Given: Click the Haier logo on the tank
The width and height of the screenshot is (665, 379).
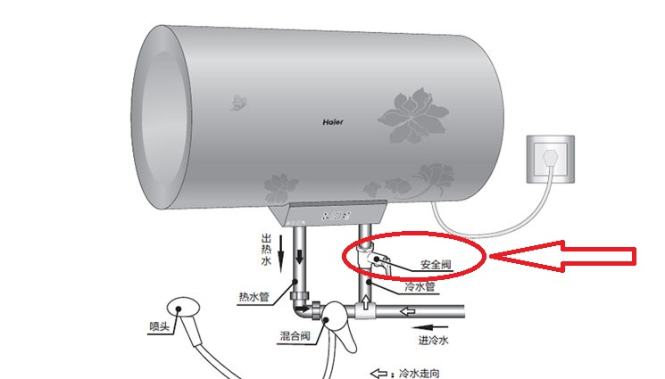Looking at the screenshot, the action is click(333, 122).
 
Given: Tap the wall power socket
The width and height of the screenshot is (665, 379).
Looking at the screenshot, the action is click(551, 159).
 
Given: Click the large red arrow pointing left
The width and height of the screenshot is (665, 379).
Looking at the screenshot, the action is click(563, 256).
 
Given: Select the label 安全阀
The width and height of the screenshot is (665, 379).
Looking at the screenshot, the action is click(436, 265).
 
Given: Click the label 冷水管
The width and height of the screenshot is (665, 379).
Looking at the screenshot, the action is click(420, 287).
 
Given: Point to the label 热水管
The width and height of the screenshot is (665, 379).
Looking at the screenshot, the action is click(254, 297).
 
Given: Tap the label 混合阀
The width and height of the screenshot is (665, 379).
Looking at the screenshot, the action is click(295, 336).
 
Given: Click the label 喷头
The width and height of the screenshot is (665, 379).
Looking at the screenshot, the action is click(160, 326).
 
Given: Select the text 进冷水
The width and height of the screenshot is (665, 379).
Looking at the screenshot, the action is click(434, 340).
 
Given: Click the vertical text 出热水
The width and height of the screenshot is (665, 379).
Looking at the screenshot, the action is click(266, 250).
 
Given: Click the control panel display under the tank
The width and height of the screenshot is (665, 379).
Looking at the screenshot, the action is click(337, 216).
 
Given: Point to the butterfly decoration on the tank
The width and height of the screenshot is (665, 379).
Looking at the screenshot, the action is click(238, 103).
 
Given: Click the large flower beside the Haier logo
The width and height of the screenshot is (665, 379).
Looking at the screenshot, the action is click(413, 115).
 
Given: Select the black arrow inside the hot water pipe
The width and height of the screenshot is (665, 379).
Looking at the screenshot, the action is click(300, 256).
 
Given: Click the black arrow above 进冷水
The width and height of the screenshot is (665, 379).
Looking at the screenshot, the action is click(430, 327).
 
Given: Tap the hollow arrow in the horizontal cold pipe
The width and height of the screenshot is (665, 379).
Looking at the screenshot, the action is click(408, 312).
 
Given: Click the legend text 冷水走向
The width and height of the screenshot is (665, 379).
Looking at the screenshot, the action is click(419, 374).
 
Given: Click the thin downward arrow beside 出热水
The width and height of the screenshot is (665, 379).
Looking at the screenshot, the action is click(280, 254).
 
